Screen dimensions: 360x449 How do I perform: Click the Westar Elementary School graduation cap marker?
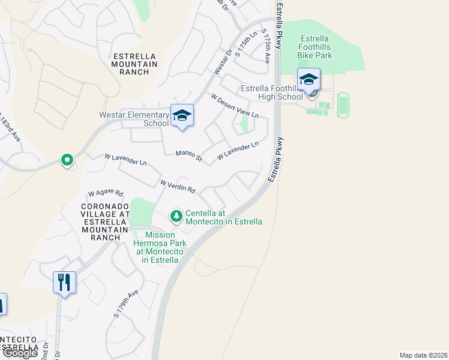182,115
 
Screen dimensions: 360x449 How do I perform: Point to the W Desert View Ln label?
234,105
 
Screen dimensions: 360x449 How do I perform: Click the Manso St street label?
189,156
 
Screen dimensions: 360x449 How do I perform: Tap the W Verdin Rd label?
178,186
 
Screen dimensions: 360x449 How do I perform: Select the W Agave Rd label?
106,193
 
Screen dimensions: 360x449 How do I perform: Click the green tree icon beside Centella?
176,215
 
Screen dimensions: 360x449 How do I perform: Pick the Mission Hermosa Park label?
160,247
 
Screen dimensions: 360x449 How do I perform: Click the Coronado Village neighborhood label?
105,221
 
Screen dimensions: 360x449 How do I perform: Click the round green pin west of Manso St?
67,160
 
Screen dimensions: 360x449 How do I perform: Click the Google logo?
20,353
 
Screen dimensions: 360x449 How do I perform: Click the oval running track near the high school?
343,104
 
